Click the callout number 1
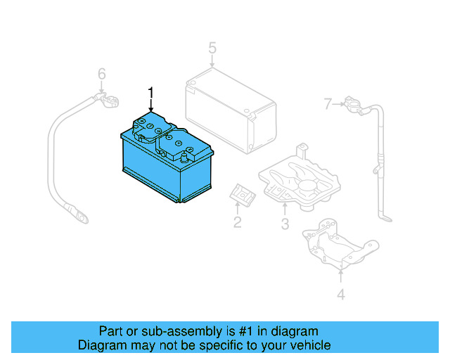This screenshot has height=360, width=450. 150,91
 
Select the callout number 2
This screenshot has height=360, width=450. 238,223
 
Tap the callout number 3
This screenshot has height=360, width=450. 285,224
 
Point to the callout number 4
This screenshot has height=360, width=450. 340,295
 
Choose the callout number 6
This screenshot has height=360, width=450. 101,74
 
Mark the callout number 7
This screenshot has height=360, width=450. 327,105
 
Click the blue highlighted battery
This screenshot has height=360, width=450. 165,165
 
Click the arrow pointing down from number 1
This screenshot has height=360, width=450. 150,105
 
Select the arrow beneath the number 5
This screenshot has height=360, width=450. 212,63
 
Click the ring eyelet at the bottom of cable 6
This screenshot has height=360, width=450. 82,217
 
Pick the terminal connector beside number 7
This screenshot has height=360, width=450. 352,107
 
